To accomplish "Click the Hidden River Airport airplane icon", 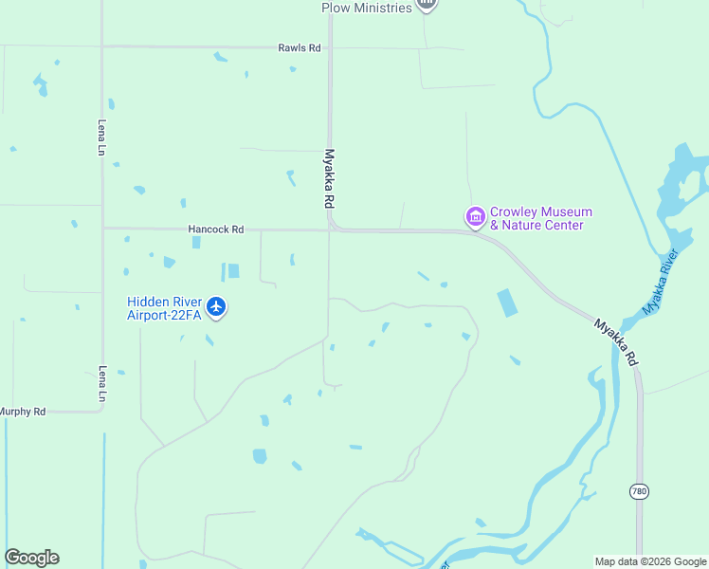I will coord(217,306).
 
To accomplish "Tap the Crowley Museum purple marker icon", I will coord(475,217).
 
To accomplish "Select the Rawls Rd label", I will coord(300,47).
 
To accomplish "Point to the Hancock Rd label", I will coord(216,229).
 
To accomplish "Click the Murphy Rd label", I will coord(23,412).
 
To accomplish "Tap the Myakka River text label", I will coord(662,282).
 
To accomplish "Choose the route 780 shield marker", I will coord(639,490).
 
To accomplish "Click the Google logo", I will coord(31,558).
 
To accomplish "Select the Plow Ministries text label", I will coord(367,8).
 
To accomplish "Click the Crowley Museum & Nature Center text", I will coord(541,218).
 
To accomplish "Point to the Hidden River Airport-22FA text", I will coord(165,308).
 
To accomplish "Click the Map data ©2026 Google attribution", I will coord(651,561).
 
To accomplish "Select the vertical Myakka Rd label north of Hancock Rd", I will coord(330,178).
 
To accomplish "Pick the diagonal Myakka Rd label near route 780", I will coord(616,342).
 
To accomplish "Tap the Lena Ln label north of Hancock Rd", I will coord(102,137).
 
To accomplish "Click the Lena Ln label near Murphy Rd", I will coord(102,385).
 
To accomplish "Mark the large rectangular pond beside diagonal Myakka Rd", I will coord(507,303).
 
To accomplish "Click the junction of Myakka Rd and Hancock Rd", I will coord(331,229).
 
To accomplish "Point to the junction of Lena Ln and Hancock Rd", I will coord(102,229).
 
